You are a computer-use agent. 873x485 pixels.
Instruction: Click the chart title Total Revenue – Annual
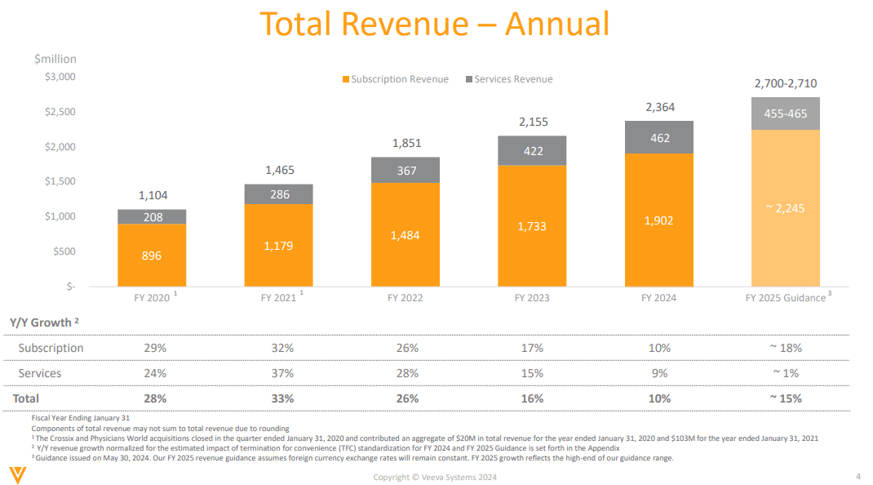[x=434, y=24]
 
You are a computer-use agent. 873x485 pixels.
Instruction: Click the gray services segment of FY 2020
[x=152, y=217]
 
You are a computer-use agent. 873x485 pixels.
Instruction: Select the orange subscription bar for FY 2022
[x=405, y=235]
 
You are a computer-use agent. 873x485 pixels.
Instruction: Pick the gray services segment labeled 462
[x=659, y=138]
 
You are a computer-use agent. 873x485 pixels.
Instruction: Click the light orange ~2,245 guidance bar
[x=785, y=208]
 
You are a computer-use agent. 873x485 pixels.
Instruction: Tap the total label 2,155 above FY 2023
[x=533, y=122]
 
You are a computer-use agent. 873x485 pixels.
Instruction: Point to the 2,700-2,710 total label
[x=785, y=83]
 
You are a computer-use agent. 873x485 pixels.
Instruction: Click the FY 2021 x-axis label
[x=278, y=298]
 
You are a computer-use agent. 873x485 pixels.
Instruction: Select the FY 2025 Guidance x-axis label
[x=785, y=298]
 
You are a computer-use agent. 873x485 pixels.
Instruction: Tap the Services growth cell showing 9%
[x=659, y=373]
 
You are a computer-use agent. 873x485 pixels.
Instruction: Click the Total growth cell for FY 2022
[x=406, y=398]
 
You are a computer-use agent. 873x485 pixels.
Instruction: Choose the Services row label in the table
[x=40, y=373]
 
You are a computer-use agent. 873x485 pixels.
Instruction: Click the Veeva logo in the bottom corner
[x=16, y=474]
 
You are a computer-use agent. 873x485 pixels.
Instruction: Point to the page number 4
[x=857, y=476]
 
